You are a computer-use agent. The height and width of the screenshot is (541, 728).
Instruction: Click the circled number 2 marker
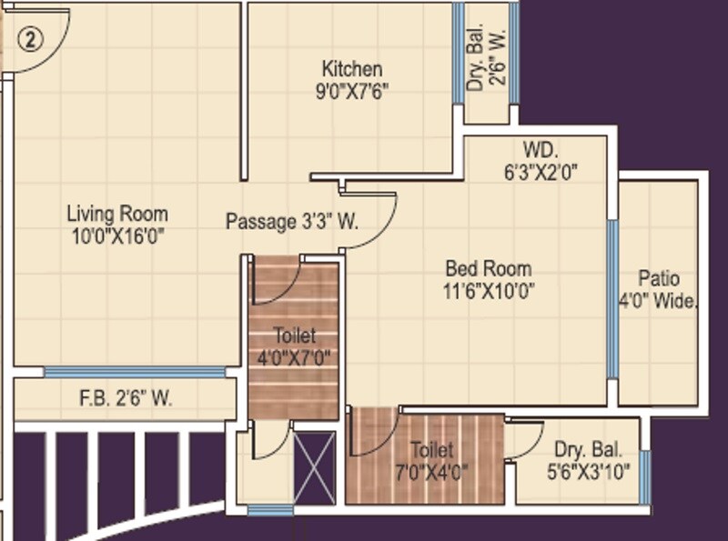click(31, 40)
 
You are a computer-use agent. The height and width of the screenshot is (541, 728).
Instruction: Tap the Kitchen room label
click(351, 69)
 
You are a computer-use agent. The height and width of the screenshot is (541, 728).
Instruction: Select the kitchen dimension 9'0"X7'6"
click(351, 90)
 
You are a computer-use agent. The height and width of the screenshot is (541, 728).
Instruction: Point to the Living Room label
click(117, 215)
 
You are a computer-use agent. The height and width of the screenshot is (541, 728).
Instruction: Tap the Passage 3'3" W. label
click(292, 221)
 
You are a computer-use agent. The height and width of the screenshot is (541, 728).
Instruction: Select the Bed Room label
click(489, 269)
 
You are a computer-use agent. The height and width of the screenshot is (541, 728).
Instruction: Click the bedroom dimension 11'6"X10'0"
click(489, 291)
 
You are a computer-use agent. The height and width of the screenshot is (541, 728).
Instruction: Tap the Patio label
click(658, 279)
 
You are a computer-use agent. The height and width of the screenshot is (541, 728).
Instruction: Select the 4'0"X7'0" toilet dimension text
click(294, 357)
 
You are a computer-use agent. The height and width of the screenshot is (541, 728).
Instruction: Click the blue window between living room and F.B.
click(135, 372)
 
